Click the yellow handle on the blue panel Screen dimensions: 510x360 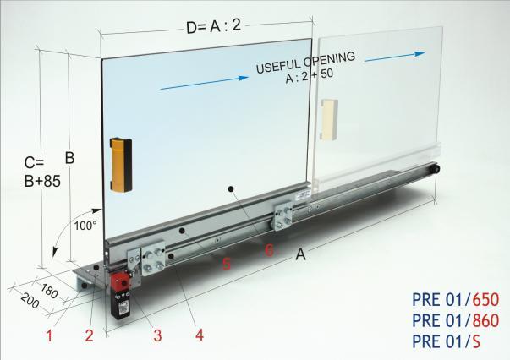[x=121, y=165]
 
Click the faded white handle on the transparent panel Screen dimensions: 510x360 [x=329, y=119]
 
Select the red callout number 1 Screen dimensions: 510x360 [x=49, y=335]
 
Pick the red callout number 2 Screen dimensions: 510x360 [x=90, y=335]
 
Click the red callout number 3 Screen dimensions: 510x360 [x=158, y=335]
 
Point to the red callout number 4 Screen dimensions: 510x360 [x=200, y=335]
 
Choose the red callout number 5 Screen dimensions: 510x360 [x=227, y=264]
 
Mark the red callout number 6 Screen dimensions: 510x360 [x=269, y=250]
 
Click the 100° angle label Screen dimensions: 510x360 [x=85, y=226]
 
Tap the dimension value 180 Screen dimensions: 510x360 [x=49, y=291]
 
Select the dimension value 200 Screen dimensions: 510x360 [x=30, y=301]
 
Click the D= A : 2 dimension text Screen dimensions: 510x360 [x=214, y=26]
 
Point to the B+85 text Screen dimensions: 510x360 [x=42, y=182]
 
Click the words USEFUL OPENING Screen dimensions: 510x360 [x=305, y=63]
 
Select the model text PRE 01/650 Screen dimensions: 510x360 [x=456, y=299]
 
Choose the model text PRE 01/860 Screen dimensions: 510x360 [x=456, y=320]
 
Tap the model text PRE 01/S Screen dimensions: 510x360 [x=447, y=341]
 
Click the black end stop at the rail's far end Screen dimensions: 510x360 [x=435, y=169]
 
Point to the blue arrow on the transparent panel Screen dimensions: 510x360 [x=395, y=57]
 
